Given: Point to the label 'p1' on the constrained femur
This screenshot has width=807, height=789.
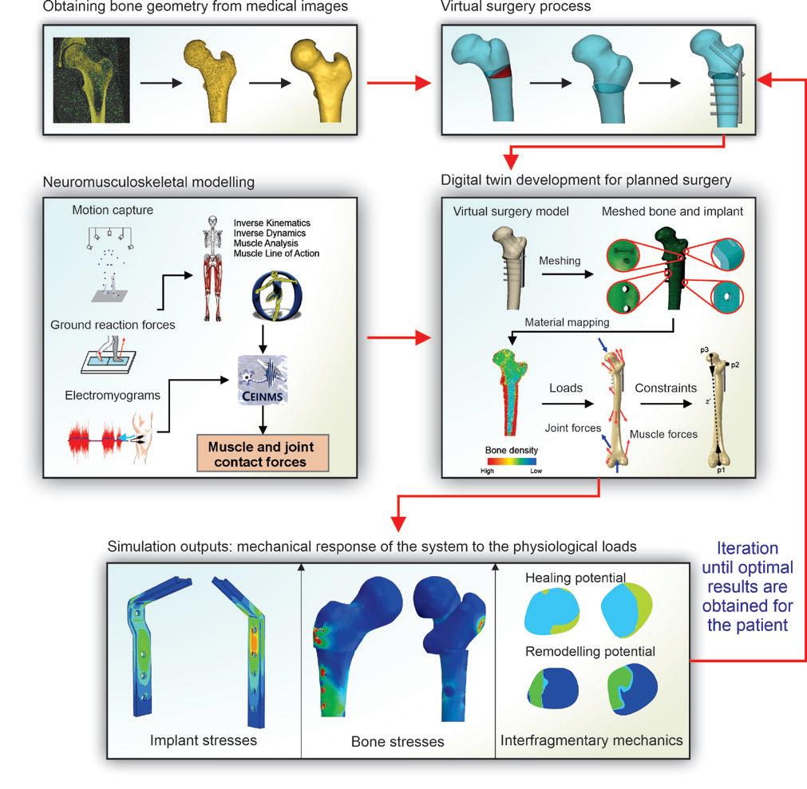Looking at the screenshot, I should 720,471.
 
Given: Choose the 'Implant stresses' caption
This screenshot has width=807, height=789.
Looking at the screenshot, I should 197,740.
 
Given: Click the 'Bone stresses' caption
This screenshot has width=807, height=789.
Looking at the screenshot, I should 398,741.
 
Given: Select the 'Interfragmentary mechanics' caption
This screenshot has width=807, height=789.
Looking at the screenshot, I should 591,740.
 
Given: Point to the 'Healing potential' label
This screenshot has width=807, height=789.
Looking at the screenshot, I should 575,576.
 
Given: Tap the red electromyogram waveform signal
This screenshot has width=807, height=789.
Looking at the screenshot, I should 96,436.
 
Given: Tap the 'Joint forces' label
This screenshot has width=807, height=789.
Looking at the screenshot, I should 574,428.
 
